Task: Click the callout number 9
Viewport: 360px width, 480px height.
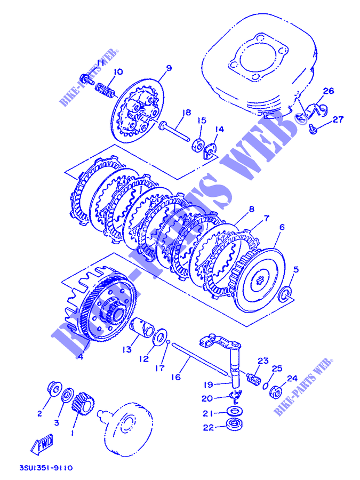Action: (x=169, y=68)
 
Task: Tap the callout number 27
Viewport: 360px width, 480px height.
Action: (x=338, y=119)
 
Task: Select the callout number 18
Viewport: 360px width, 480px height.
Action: (x=186, y=113)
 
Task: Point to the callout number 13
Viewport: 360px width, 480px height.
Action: (x=127, y=349)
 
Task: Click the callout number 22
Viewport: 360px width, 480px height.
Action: (x=209, y=427)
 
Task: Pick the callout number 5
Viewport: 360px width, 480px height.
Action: (x=295, y=270)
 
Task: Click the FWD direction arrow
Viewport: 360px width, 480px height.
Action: (x=42, y=444)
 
